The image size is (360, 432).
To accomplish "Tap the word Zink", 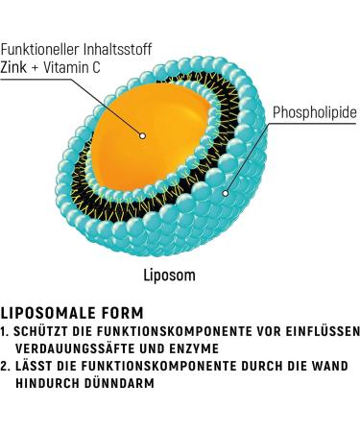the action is coord(15,66).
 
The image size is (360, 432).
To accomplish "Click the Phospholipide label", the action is coord(315,114).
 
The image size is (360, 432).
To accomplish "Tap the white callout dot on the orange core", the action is coord(142,136).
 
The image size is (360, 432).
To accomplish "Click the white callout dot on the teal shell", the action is coord(227,192).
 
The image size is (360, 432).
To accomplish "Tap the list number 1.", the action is coord(5,331).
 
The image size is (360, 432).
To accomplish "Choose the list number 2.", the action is coord(5,366).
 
